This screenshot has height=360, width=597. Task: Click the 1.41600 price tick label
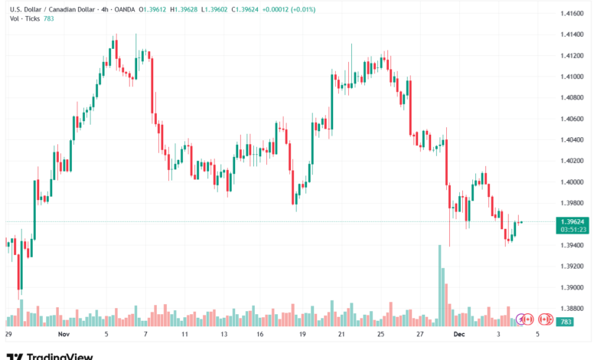(572, 14)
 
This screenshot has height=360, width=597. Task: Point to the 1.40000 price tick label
(572, 182)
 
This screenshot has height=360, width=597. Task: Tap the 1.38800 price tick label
(572, 309)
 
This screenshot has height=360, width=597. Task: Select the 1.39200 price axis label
(572, 267)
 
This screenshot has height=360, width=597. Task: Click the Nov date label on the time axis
(64, 335)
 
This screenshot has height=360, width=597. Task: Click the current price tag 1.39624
(572, 220)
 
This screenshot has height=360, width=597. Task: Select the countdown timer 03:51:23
(572, 228)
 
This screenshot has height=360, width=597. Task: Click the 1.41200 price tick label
(572, 56)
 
